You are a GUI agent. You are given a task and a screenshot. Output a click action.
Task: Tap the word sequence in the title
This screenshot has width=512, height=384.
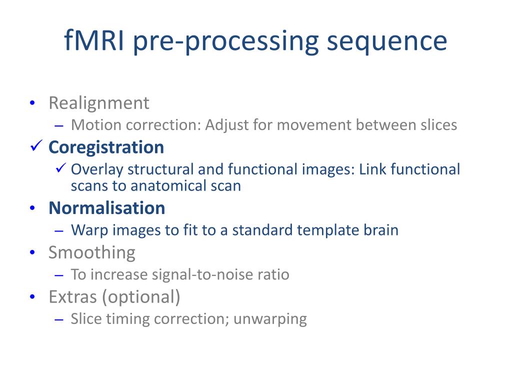387,43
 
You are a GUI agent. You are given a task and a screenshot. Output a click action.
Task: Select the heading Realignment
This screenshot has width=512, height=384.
99,104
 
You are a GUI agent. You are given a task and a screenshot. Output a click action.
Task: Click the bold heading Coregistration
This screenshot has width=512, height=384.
106,147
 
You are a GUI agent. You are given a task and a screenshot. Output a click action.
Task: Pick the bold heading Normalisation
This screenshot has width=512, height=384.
107,208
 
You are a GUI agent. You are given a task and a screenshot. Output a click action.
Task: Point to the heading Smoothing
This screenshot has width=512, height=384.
92,253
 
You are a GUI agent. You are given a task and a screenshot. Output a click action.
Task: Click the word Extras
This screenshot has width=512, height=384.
73,297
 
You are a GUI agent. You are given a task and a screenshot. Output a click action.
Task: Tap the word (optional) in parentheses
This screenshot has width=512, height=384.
141,298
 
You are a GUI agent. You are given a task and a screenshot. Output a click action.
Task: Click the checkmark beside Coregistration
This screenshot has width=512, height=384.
36,145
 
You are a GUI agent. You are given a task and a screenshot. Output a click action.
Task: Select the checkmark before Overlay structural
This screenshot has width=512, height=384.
61,167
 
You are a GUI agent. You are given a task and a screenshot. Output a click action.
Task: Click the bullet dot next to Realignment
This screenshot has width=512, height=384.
32,103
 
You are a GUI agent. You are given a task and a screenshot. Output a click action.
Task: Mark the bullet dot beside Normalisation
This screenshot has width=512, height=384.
32,208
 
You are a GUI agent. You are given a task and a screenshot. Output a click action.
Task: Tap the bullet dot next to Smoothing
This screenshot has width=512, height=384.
32,252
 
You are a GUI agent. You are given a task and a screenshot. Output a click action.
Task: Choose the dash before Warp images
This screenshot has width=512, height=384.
59,231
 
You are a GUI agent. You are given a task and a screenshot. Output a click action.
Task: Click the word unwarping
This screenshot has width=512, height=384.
270,319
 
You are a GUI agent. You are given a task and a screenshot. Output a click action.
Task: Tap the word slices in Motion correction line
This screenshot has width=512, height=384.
439,124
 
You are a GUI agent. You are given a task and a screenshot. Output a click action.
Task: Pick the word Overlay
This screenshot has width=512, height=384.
97,170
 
